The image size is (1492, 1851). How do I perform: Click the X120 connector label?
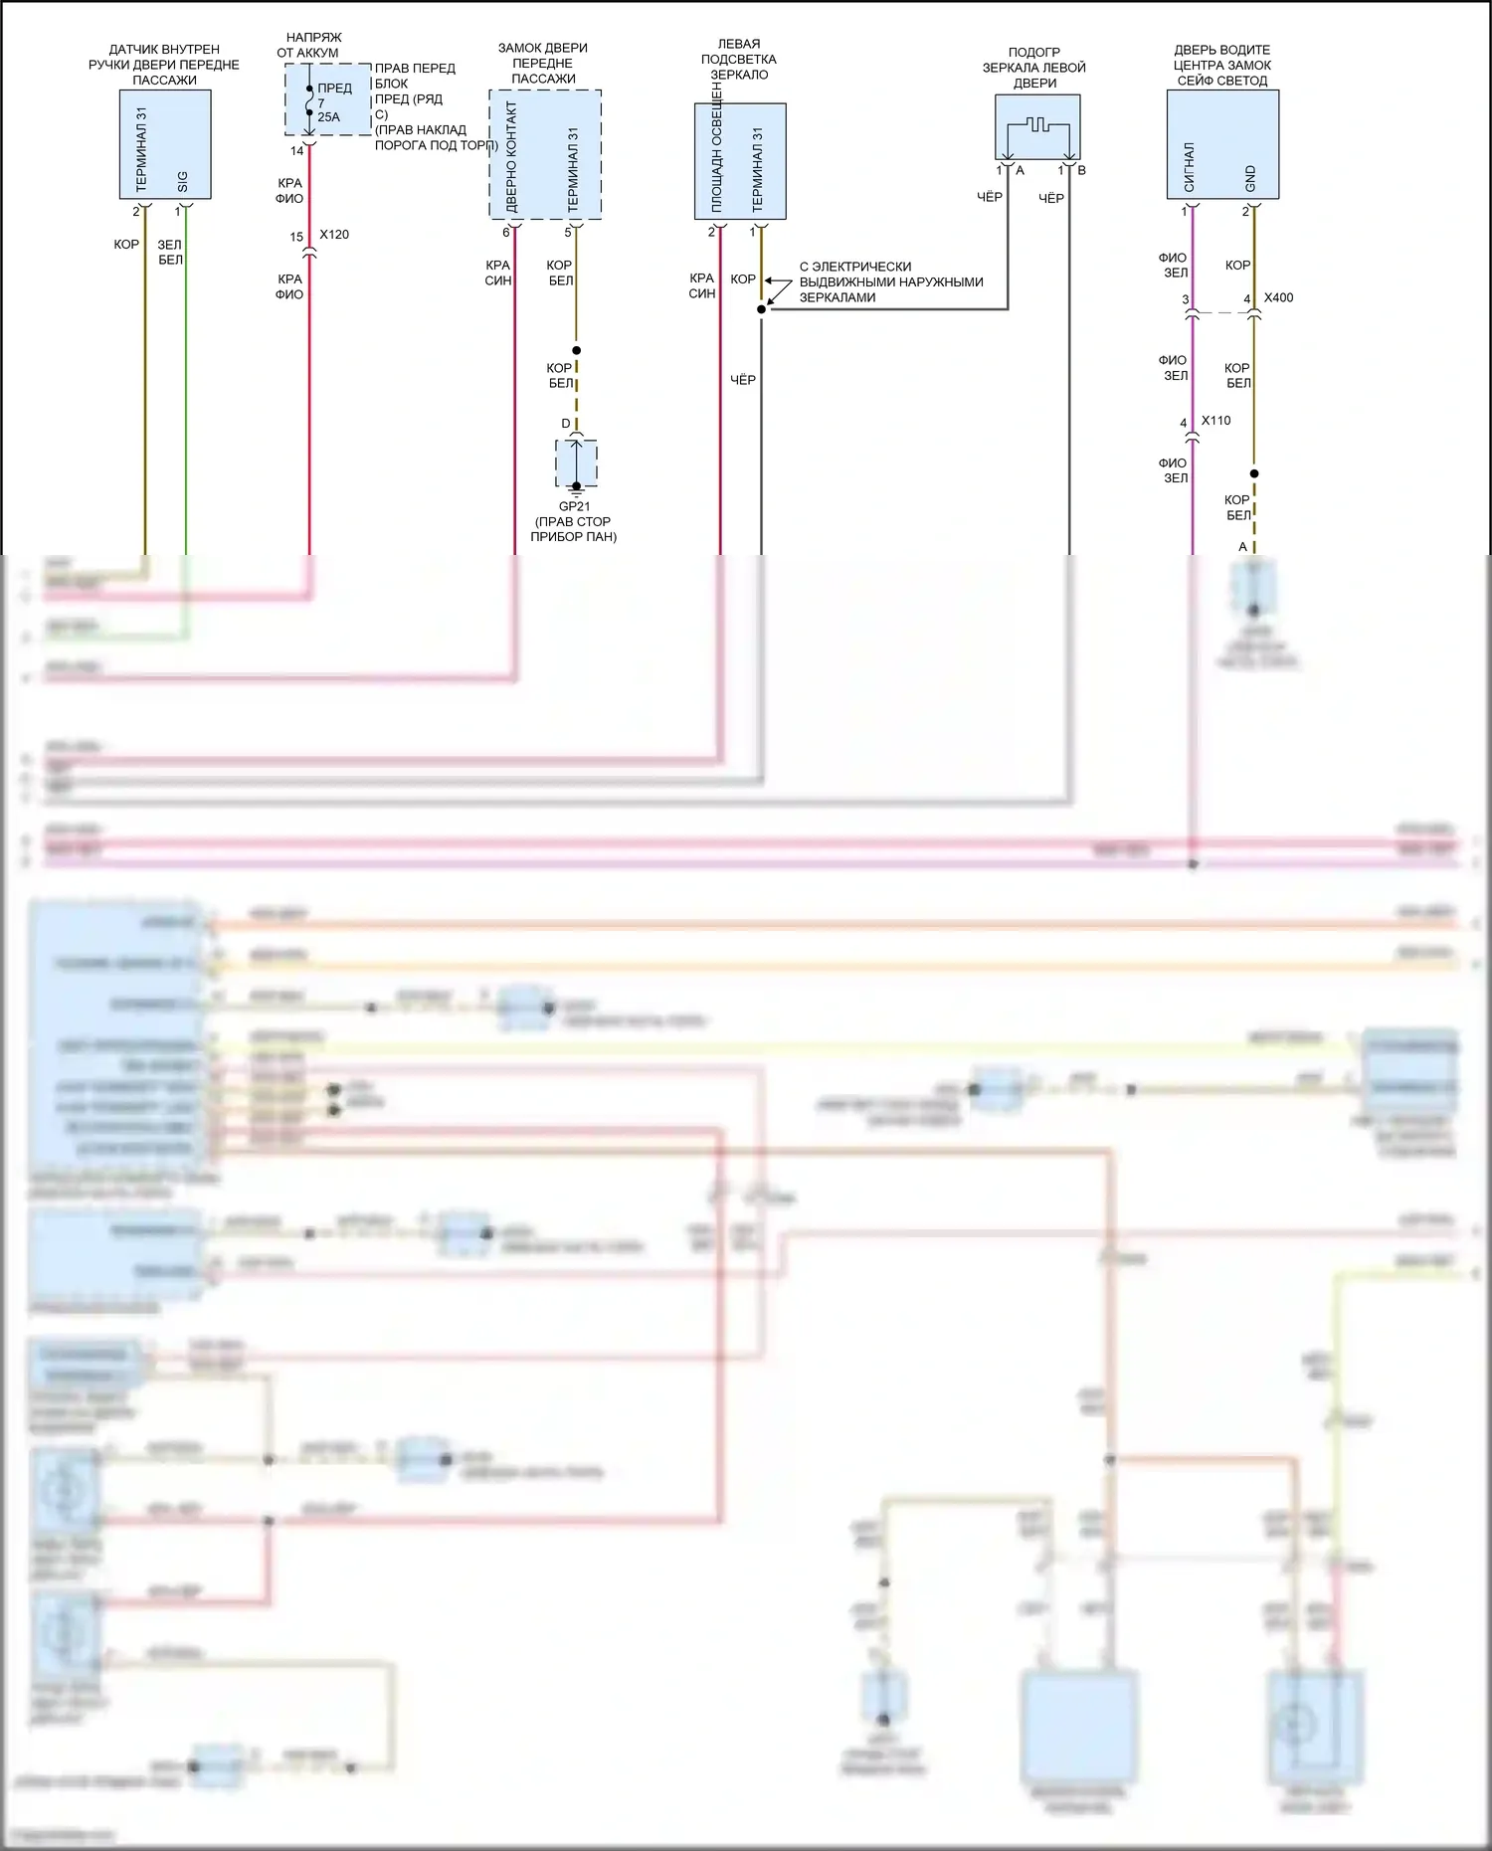click(x=334, y=235)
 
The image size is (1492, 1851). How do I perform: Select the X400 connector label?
click(x=1278, y=297)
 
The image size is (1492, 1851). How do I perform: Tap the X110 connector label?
click(x=1215, y=421)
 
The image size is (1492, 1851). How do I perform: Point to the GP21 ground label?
click(x=574, y=506)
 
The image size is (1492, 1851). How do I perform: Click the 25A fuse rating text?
click(x=328, y=117)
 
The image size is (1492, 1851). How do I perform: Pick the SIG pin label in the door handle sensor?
click(x=183, y=182)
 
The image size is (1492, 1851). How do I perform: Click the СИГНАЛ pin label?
click(x=1190, y=167)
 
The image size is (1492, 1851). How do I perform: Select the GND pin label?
click(x=1250, y=179)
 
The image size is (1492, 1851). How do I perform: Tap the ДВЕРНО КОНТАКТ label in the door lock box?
click(x=512, y=156)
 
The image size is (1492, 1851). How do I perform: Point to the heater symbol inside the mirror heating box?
click(x=1037, y=127)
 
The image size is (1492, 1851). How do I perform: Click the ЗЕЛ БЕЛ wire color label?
click(x=170, y=252)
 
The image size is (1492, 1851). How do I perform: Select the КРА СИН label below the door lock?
click(x=498, y=273)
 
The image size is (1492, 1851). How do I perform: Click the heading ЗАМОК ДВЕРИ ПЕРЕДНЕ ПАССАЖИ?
click(x=543, y=63)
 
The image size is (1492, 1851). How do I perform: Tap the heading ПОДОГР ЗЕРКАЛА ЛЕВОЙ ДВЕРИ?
click(x=1034, y=68)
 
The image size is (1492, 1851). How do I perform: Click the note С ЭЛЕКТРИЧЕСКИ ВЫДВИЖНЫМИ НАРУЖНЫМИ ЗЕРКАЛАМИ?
click(x=890, y=281)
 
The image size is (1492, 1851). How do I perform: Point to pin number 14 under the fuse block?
click(x=296, y=151)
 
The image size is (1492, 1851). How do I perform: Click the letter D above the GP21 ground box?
click(x=566, y=424)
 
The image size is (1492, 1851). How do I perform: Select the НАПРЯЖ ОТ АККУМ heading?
click(x=309, y=45)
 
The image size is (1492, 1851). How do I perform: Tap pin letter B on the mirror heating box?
click(x=1081, y=170)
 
